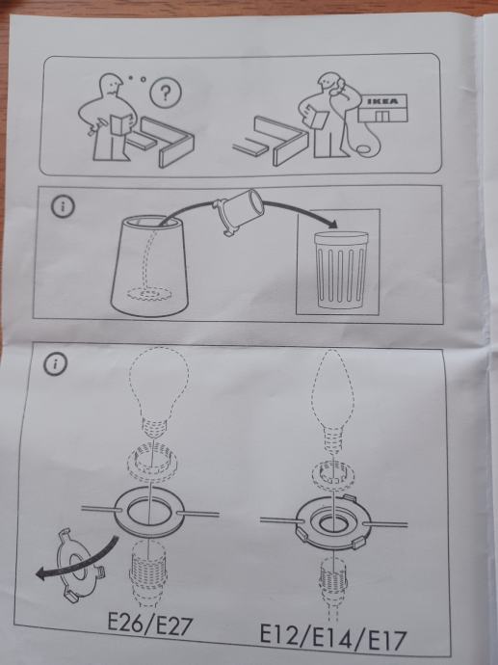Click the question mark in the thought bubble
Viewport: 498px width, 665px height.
(x=166, y=93)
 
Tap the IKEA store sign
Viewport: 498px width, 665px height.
(x=382, y=102)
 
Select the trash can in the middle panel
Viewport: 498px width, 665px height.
(x=340, y=269)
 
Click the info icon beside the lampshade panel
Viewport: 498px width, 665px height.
(x=63, y=207)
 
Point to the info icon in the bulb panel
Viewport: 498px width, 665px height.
(x=56, y=364)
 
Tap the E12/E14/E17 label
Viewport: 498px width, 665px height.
(x=332, y=637)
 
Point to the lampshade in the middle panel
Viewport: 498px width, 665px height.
(x=149, y=265)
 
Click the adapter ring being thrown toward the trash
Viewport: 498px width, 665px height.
(x=238, y=212)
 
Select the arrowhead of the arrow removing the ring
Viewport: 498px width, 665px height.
(x=42, y=574)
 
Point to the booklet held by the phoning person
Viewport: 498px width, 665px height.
(x=316, y=115)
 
